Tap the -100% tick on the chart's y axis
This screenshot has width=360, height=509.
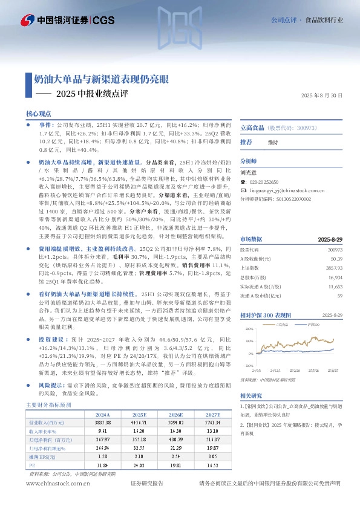click(x=249, y=366)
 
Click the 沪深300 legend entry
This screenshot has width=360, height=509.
click(x=310, y=324)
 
